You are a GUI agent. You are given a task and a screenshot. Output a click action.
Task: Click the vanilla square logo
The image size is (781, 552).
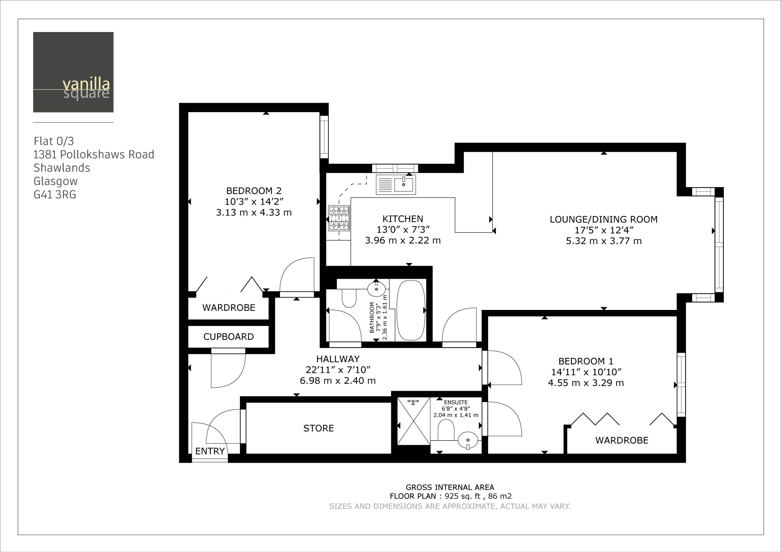click(73, 72)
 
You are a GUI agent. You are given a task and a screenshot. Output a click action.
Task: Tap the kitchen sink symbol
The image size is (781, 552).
click(395, 185)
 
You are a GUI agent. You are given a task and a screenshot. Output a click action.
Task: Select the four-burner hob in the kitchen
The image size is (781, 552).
click(339, 218)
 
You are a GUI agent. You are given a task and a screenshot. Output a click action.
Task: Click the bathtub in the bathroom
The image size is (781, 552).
click(411, 310)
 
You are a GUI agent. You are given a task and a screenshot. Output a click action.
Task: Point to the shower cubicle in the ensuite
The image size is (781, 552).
click(413, 421)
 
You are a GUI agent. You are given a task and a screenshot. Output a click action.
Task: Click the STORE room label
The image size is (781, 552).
click(318, 428)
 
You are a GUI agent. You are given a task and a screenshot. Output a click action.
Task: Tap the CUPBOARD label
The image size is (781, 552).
click(228, 337)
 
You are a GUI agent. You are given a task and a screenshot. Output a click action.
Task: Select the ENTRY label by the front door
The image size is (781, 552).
click(210, 451)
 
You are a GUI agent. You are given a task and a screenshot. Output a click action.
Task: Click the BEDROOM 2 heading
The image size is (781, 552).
click(254, 191)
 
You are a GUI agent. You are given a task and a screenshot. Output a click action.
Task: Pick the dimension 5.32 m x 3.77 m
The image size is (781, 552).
click(603, 241)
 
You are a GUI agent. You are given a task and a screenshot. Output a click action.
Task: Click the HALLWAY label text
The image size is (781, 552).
click(337, 359)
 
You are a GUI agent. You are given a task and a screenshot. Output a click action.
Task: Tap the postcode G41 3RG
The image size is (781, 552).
click(55, 194)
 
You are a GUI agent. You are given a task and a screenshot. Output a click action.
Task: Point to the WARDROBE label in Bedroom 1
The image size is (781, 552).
click(622, 440)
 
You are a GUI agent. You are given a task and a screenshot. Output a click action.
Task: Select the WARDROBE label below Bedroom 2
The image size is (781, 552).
click(228, 308)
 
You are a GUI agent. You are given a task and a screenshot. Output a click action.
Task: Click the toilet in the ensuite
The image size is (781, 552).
click(445, 430)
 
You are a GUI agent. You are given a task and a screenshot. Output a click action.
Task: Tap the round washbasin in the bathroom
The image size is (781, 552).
click(376, 289)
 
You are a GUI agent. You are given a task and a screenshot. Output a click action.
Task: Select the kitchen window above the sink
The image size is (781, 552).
click(395, 168)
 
